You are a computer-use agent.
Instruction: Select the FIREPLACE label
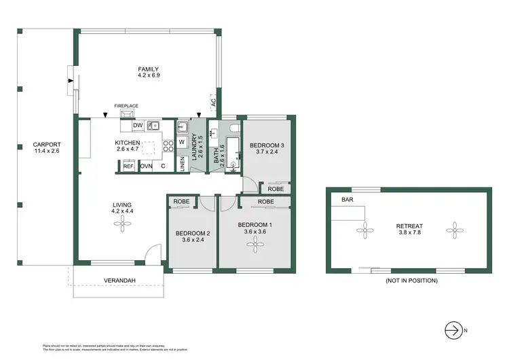[x=126, y=106]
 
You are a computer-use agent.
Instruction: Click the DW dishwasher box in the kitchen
[x=138, y=125]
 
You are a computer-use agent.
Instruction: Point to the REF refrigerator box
[x=128, y=166]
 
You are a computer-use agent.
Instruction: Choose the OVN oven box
[x=146, y=166]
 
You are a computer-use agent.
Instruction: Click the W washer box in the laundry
[x=182, y=142]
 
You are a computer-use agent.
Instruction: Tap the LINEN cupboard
[x=181, y=164]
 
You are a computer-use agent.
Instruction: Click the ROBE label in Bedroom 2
[x=181, y=202]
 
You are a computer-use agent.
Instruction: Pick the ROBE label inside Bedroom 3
[x=276, y=190]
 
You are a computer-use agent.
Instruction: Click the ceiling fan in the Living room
[x=123, y=221]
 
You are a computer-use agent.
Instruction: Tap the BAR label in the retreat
[x=347, y=200]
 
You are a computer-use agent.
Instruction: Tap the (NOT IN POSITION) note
[x=411, y=281]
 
